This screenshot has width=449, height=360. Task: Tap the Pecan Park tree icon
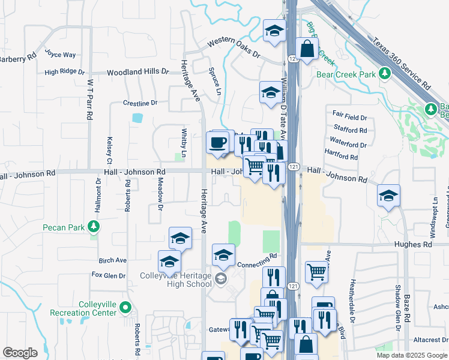(93, 227)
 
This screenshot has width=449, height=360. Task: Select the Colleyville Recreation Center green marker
(125, 308)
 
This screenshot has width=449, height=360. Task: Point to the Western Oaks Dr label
(234, 49)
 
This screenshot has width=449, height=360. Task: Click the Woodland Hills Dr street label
(138, 72)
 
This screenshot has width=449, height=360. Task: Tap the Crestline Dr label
(140, 103)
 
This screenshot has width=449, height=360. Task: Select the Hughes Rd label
(413, 245)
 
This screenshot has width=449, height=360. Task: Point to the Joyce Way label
(61, 55)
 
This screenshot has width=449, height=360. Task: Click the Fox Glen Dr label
(109, 275)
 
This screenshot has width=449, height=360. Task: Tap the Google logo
(20, 353)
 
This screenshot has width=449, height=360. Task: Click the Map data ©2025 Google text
(412, 355)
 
